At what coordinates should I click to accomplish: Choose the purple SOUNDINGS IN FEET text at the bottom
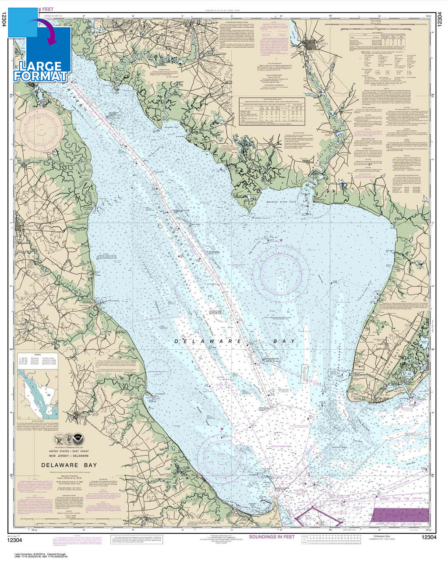tap(272, 536)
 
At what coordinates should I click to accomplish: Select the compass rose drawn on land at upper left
tap(42, 129)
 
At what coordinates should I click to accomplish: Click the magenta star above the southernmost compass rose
tap(222, 429)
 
